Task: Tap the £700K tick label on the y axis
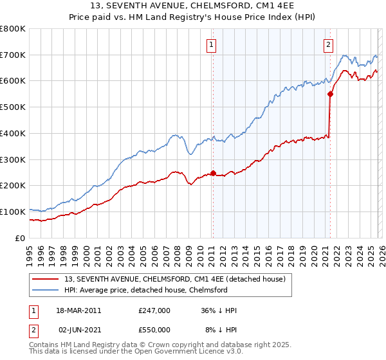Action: [13, 55]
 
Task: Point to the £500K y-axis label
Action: [13, 107]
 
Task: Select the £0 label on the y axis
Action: [21, 238]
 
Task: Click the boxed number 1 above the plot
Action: [212, 44]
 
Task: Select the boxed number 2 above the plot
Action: [328, 44]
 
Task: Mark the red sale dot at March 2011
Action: [213, 173]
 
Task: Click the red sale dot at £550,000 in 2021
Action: [330, 94]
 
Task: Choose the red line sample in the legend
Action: [46, 278]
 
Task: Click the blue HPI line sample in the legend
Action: [46, 290]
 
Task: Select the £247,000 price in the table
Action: [154, 310]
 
